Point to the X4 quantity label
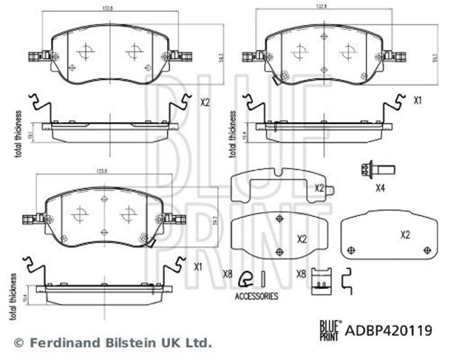[x=381, y=188]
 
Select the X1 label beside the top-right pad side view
[x=418, y=100]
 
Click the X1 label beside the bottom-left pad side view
[x=198, y=266]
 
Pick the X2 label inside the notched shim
[x=320, y=189]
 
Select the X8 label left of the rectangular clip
[x=302, y=274]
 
